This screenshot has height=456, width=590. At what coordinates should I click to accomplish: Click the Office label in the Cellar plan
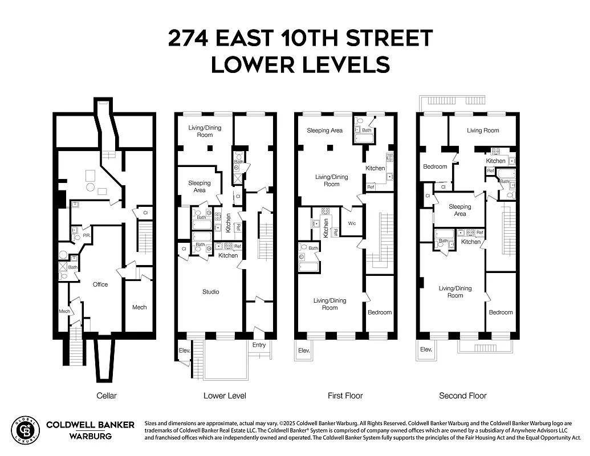(100, 284)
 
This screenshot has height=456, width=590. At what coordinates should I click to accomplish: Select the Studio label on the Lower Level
(210, 292)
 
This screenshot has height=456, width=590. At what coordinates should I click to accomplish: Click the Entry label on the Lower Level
(259, 345)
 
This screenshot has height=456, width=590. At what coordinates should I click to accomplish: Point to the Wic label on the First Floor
(351, 223)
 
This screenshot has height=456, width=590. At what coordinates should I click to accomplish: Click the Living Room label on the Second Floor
(483, 131)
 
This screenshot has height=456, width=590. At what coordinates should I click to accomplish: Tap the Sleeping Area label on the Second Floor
(459, 210)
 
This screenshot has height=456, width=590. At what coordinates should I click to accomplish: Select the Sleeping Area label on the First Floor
(325, 131)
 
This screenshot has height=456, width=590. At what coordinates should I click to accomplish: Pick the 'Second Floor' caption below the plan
(463, 396)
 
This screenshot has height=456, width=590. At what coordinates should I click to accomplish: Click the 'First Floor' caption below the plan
(345, 396)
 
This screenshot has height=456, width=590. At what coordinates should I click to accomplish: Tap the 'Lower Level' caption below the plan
(225, 396)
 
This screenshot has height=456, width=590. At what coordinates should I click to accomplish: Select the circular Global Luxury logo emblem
(26, 430)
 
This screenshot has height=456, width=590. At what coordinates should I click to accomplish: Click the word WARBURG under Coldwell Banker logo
(90, 436)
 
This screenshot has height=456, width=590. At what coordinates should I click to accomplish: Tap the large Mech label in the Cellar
(140, 307)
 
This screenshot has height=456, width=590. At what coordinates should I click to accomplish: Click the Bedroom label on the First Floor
(380, 312)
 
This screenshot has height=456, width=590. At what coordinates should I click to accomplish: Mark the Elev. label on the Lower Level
(184, 351)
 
